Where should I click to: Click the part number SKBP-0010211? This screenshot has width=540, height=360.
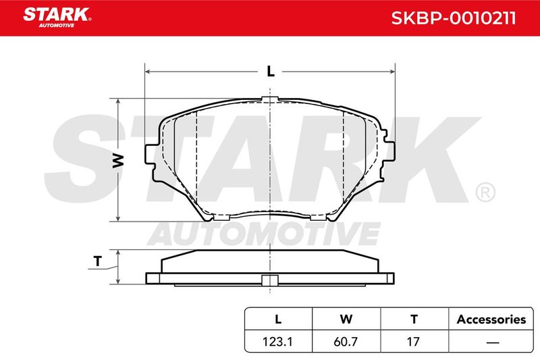pyautogui.click(x=454, y=18)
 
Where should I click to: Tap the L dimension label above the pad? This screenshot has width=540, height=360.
pyautogui.click(x=271, y=72)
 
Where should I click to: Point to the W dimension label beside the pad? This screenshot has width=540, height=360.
pyautogui.click(x=118, y=161)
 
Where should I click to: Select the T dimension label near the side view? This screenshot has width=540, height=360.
pyautogui.click(x=98, y=261)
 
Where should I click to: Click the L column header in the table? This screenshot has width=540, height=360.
pyautogui.click(x=278, y=319)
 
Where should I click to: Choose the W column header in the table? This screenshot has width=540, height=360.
pyautogui.click(x=346, y=319)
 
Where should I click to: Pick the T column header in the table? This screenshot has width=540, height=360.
pyautogui.click(x=414, y=319)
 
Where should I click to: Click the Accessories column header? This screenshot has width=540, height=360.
pyautogui.click(x=491, y=319)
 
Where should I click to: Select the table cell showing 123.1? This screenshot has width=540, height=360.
pyautogui.click(x=277, y=341)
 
